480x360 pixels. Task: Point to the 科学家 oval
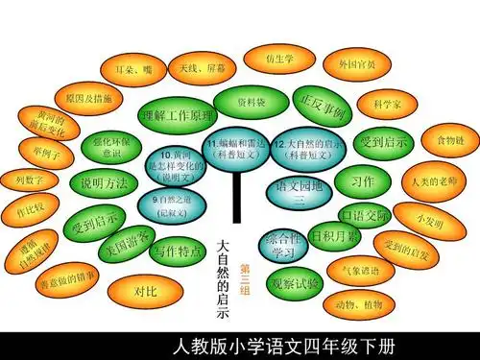(x=388, y=103)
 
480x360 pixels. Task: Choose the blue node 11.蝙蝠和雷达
(x=236, y=146)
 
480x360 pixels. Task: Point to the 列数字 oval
(x=30, y=179)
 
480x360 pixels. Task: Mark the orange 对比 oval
(x=144, y=289)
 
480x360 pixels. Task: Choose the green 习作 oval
(x=362, y=181)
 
